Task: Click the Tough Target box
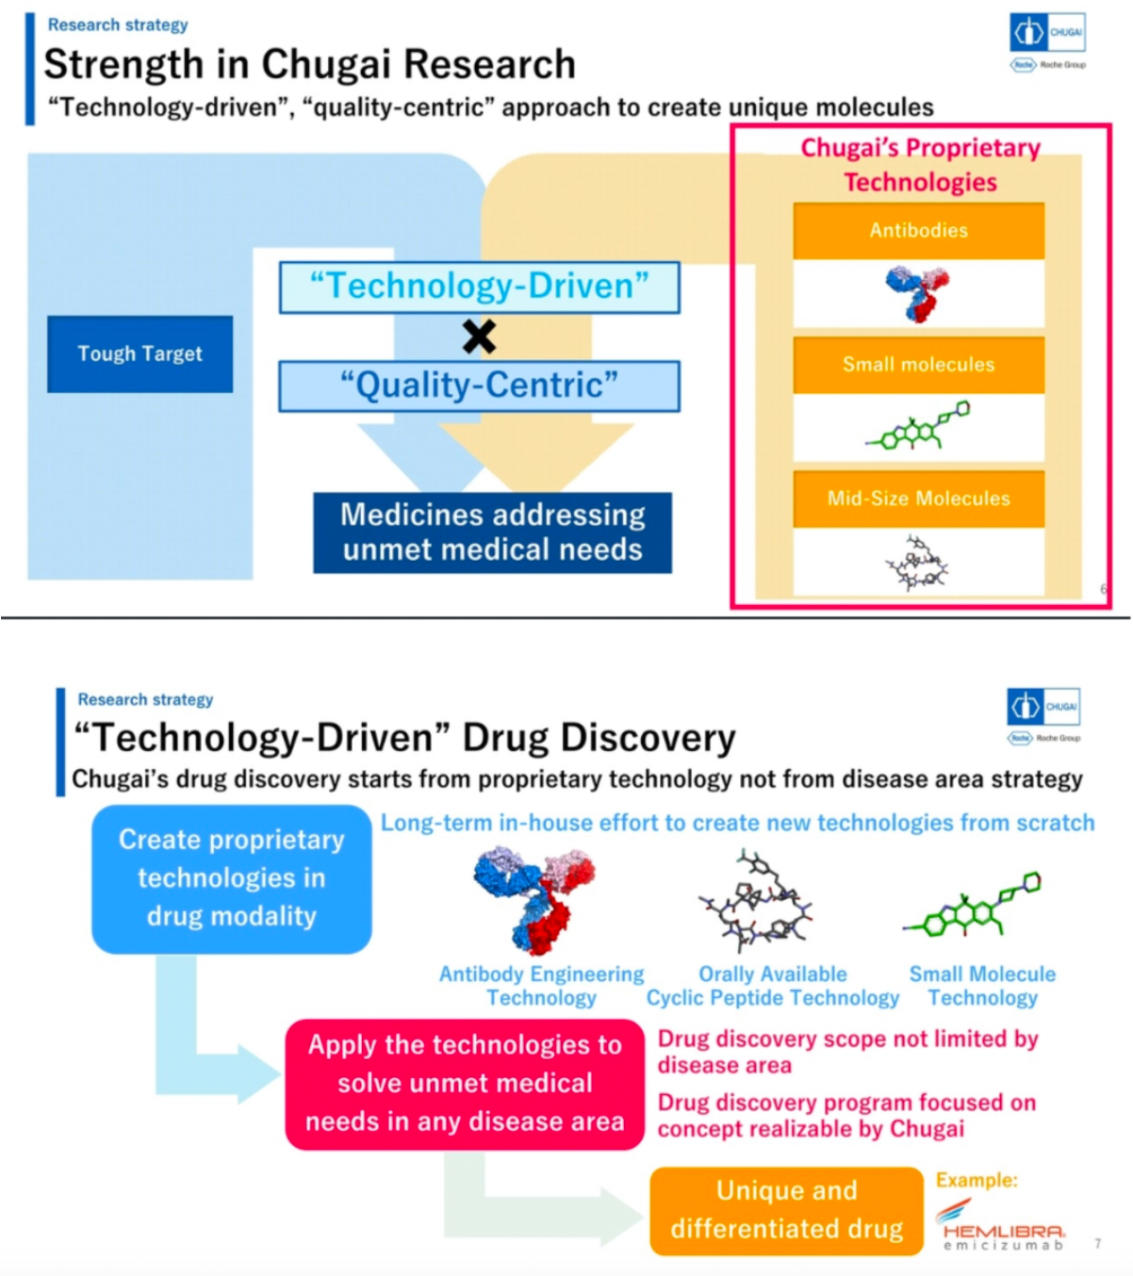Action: coord(140,354)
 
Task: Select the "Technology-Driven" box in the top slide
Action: coord(480,287)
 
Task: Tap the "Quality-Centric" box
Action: coord(480,386)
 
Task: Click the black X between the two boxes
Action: coord(479,336)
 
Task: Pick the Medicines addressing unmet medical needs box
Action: coord(492,532)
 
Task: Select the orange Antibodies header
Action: coord(918,231)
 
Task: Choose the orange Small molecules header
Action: coord(918,365)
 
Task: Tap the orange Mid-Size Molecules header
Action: coord(918,499)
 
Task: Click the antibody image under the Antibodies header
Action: coord(917,293)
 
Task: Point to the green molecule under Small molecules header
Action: coord(918,426)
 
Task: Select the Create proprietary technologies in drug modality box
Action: coord(231,878)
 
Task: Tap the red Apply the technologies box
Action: coord(465,1084)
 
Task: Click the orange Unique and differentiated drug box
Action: coord(786,1210)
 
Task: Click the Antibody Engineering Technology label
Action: coord(541,986)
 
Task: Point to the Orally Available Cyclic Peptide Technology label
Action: coord(773,986)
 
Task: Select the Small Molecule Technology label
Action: coord(982,986)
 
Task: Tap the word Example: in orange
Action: coord(977,1180)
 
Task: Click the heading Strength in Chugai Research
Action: coord(309,64)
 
